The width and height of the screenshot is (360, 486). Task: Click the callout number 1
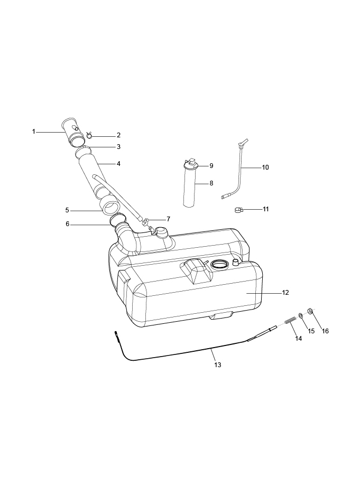[x=33, y=131]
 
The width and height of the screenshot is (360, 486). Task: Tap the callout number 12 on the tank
[x=285, y=292]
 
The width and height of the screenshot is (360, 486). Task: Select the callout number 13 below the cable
[x=217, y=364]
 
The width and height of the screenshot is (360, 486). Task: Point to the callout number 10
[x=265, y=167]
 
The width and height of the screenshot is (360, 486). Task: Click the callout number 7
[x=168, y=219]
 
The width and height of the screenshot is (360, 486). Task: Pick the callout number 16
[x=325, y=331]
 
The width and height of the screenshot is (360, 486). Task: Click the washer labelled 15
[x=301, y=316]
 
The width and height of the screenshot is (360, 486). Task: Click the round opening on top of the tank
[x=219, y=264]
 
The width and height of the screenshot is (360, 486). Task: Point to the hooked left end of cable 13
[x=116, y=333]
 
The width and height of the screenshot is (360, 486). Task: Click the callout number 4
[x=118, y=164]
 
